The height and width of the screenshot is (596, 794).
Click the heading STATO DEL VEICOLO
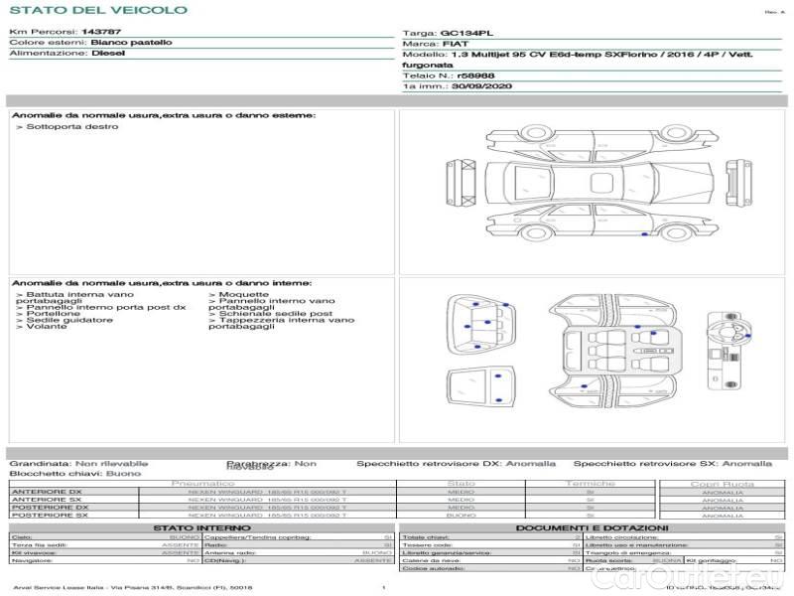[x=98, y=10]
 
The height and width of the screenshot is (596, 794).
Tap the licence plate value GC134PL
[x=465, y=32]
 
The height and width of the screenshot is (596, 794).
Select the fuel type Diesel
[x=108, y=54]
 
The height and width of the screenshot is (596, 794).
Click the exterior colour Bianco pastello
[x=131, y=43]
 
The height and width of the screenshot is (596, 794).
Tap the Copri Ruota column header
[x=722, y=484]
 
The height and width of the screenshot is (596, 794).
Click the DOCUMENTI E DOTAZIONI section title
[x=592, y=527]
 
